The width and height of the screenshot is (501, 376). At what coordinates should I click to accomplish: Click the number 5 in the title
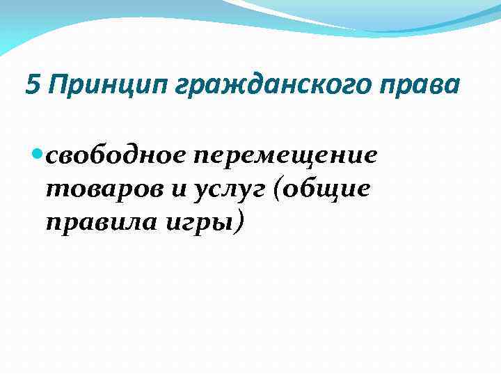click(x=32, y=86)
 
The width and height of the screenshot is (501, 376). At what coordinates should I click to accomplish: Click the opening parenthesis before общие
click(x=280, y=189)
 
